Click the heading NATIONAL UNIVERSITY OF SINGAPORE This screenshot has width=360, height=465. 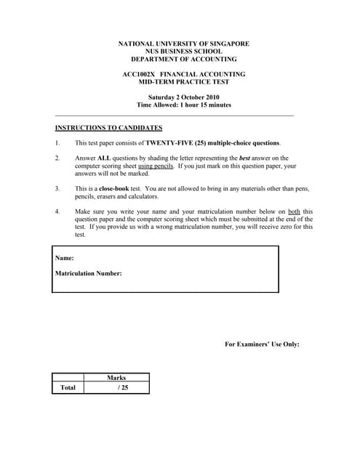pyautogui.click(x=183, y=44)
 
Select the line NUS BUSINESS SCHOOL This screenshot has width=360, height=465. pyautogui.click(x=183, y=52)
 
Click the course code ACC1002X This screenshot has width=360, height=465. pyautogui.click(x=138, y=74)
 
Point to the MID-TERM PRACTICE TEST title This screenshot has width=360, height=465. pyautogui.click(x=183, y=82)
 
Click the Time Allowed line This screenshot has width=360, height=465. pyautogui.click(x=183, y=105)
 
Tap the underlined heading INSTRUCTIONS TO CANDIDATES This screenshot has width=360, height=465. pyautogui.click(x=108, y=127)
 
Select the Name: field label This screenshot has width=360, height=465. pyautogui.click(x=64, y=258)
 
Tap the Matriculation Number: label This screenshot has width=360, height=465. pyautogui.click(x=89, y=274)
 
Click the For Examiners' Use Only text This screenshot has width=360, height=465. pyautogui.click(x=262, y=344)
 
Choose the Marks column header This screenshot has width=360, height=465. pyautogui.click(x=116, y=378)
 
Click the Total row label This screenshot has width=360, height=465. pyautogui.click(x=68, y=388)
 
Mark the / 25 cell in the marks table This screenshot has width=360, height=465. pyautogui.click(x=122, y=388)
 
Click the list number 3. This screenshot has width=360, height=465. pyautogui.click(x=57, y=189)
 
